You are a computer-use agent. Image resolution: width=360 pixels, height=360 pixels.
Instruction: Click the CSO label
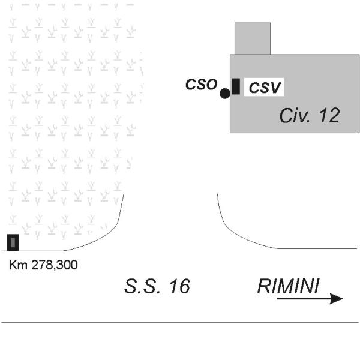point(200,84)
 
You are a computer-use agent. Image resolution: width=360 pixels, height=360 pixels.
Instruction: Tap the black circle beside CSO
point(224,93)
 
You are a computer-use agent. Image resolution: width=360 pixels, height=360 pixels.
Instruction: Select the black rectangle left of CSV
point(236,86)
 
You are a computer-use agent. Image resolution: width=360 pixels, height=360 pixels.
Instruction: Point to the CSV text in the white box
point(265,87)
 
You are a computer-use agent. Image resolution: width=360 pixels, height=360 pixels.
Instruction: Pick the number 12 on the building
point(329,116)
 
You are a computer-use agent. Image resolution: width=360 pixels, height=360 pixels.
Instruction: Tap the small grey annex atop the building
point(253,38)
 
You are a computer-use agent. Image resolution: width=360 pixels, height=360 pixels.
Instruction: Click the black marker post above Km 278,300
point(13,242)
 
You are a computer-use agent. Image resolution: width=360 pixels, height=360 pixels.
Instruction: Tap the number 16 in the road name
point(178,286)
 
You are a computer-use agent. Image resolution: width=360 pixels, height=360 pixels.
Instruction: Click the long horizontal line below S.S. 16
point(180,323)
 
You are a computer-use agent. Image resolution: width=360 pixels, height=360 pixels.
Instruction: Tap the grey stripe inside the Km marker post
point(13,242)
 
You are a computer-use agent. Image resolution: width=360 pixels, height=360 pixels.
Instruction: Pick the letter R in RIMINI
point(263,286)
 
